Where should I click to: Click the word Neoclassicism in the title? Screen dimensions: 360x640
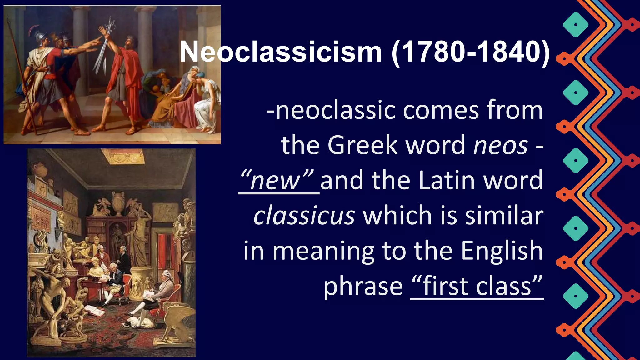click(x=280, y=52)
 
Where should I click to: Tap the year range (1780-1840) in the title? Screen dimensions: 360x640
click(x=471, y=52)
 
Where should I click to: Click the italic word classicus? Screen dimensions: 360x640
click(x=304, y=216)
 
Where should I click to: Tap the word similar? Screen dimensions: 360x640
click(x=504, y=216)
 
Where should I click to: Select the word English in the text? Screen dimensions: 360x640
click(x=502, y=251)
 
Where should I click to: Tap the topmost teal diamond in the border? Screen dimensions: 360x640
click(x=576, y=25)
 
